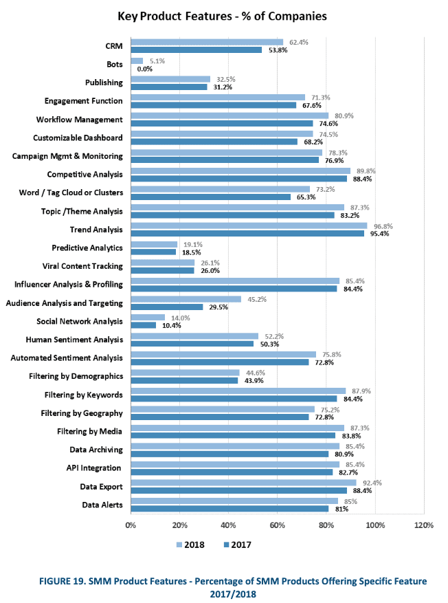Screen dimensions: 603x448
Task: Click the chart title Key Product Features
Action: [x=222, y=15]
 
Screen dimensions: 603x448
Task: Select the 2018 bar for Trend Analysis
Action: [x=249, y=226]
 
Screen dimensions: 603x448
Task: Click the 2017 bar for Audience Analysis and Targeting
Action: [x=166, y=307]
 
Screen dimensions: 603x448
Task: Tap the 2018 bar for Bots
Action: [x=137, y=61]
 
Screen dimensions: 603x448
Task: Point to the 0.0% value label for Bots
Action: [x=144, y=69]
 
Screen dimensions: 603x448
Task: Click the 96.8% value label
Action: [x=379, y=225]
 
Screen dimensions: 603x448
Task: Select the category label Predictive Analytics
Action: [x=87, y=248]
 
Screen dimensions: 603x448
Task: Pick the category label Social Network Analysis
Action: [x=80, y=321]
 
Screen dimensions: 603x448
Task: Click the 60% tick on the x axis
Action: [x=278, y=525]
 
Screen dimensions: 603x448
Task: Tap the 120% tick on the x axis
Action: [x=424, y=525]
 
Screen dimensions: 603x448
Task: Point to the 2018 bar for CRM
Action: [x=207, y=42]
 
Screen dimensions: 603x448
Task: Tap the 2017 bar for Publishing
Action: [x=168, y=87]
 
